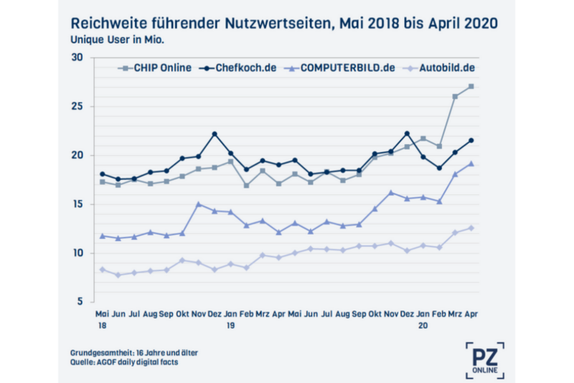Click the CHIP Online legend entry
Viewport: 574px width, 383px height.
[x=154, y=69]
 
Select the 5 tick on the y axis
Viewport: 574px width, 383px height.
[x=80, y=302]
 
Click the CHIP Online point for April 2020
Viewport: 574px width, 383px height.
[x=471, y=87]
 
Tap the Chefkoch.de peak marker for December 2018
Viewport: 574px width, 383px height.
[x=214, y=134]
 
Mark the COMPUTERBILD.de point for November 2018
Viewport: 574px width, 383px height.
[x=198, y=204]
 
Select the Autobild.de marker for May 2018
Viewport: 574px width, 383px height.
[x=103, y=270]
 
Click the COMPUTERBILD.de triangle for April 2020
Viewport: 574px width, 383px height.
[x=471, y=164]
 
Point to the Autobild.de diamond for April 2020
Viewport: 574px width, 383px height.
[x=471, y=228]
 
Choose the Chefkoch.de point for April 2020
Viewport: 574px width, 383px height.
[x=471, y=141]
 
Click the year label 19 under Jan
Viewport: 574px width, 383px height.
[x=230, y=325]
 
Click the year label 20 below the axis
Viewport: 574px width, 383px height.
[x=423, y=325]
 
